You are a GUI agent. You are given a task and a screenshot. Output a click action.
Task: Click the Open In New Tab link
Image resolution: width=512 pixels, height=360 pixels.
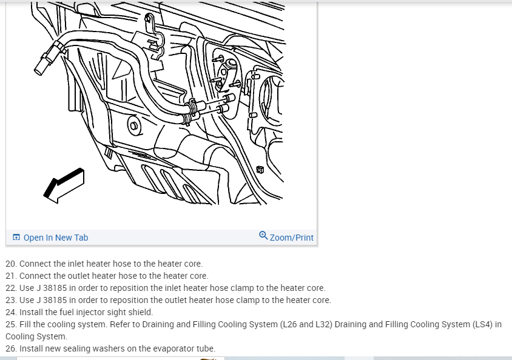click(x=56, y=238)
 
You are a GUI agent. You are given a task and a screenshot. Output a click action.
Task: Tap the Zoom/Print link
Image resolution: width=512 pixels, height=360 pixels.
click(x=292, y=238)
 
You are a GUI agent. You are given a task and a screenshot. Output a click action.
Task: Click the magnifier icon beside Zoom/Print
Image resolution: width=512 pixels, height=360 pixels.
click(x=263, y=236)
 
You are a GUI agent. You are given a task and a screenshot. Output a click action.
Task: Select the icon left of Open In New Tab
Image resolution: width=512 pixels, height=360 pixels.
click(x=16, y=238)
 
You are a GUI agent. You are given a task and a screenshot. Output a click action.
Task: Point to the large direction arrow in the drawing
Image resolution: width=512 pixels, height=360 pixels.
click(x=63, y=184)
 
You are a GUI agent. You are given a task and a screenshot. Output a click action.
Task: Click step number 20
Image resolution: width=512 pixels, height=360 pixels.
click(x=11, y=264)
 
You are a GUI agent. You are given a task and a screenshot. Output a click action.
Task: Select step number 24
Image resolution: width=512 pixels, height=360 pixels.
click(x=11, y=312)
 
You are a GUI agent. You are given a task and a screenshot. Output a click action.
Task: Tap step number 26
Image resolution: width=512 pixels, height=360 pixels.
click(x=11, y=348)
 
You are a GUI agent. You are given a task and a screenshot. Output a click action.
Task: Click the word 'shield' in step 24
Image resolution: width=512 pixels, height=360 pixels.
click(x=139, y=312)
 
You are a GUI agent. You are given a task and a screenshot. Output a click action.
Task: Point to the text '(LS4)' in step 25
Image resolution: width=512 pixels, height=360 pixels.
click(x=480, y=324)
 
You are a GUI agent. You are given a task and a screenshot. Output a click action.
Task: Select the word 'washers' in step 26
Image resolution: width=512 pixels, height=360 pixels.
click(x=103, y=348)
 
